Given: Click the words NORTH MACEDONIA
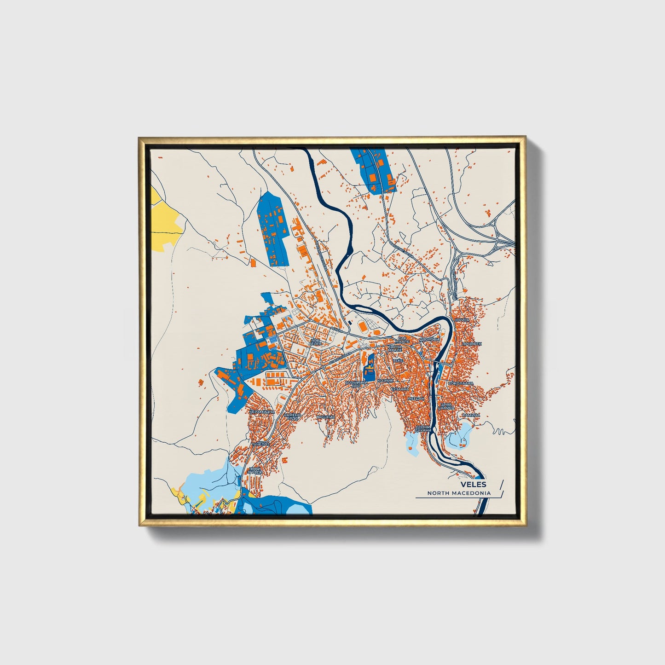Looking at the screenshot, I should click(x=459, y=493).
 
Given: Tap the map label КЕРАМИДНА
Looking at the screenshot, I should click(x=262, y=411).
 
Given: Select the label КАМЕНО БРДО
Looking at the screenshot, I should click(x=292, y=416).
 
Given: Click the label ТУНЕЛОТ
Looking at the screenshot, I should click(x=260, y=444).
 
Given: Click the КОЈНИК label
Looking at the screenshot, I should click(x=386, y=381).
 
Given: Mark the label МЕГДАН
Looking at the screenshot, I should click(x=416, y=399).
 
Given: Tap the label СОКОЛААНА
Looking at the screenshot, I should click(x=460, y=383).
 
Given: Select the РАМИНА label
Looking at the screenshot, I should click(x=471, y=415).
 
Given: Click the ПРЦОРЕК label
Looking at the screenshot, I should click(x=472, y=344).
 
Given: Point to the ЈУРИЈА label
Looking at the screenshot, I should click(x=461, y=319).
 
